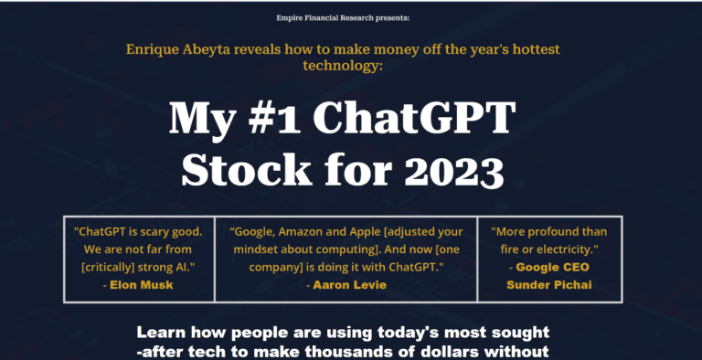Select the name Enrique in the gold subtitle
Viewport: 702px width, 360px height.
point(154,48)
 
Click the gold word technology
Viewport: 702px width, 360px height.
point(351,68)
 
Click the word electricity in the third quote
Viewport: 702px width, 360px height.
point(558,249)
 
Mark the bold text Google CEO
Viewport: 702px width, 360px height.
point(553,268)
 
